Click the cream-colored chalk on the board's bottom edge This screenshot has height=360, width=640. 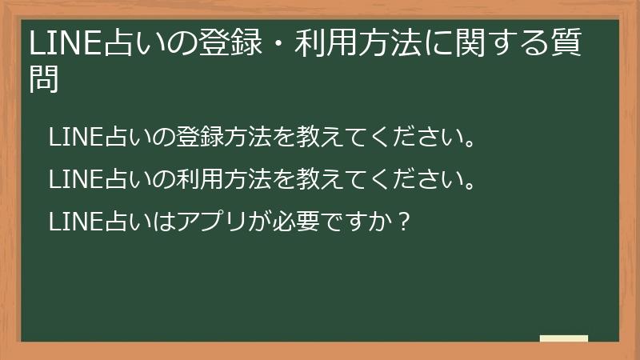[564, 338]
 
